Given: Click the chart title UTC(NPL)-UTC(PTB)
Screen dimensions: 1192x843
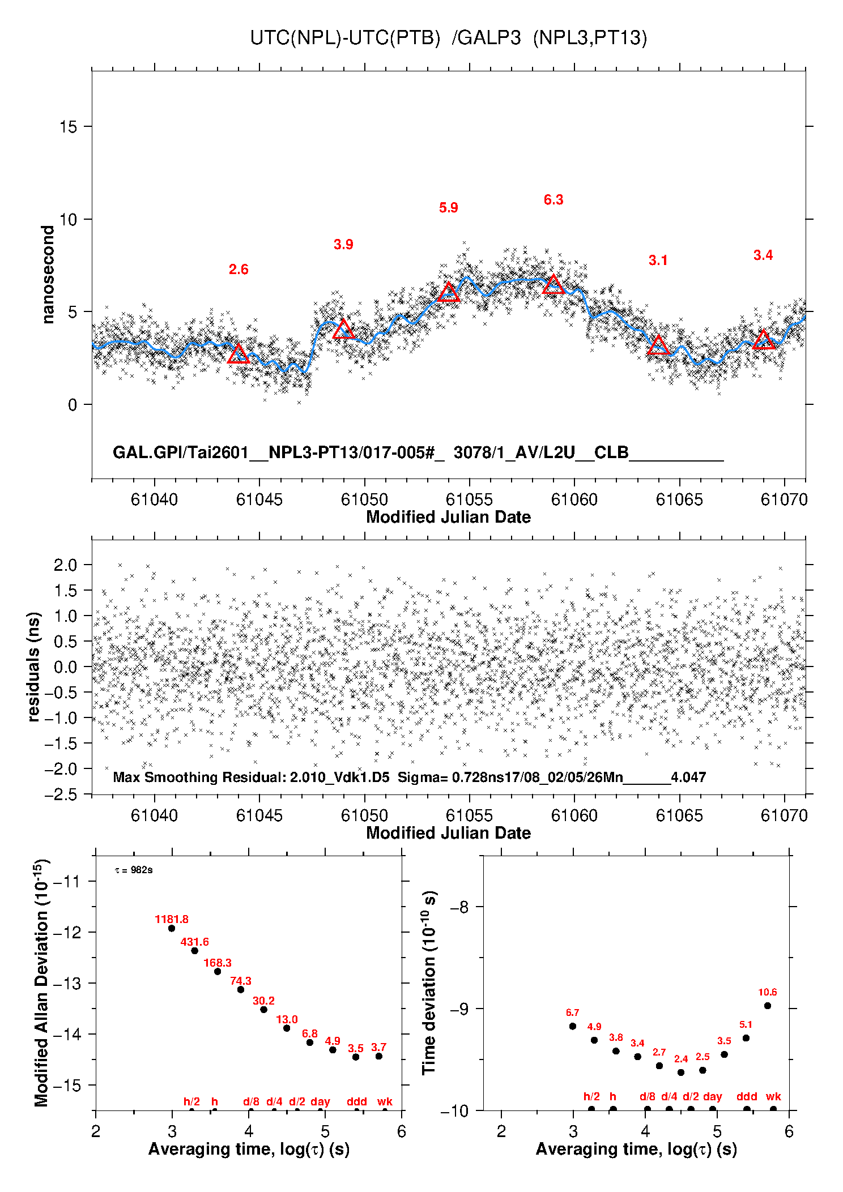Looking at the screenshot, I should click(x=345, y=38).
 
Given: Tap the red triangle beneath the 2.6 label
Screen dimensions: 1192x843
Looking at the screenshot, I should click(x=239, y=354).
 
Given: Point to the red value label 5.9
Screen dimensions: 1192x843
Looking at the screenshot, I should click(x=448, y=208).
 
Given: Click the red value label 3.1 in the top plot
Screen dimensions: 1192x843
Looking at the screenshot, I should click(x=658, y=260).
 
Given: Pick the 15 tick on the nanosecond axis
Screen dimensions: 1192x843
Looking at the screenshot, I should click(x=68, y=127).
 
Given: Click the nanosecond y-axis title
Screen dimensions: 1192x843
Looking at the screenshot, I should click(x=48, y=275).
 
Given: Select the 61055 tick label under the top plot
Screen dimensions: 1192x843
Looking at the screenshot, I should click(x=469, y=499).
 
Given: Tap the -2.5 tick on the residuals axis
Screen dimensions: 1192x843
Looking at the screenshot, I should click(x=62, y=794).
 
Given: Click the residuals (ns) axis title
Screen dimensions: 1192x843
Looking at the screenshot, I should click(x=34, y=667).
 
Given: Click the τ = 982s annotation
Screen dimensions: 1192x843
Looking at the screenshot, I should click(x=134, y=870).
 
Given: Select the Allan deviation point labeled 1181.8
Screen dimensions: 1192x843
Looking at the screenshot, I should click(x=172, y=928).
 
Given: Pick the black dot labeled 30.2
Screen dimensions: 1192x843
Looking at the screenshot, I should click(x=263, y=1010).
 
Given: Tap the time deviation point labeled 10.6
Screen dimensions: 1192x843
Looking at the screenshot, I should click(x=768, y=1006).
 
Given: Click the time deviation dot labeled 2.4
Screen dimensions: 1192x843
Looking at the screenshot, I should click(x=681, y=1073).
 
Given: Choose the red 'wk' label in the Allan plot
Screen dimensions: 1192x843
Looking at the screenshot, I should click(x=385, y=1101).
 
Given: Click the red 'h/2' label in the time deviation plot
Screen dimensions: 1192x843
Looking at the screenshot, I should click(x=591, y=1096).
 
